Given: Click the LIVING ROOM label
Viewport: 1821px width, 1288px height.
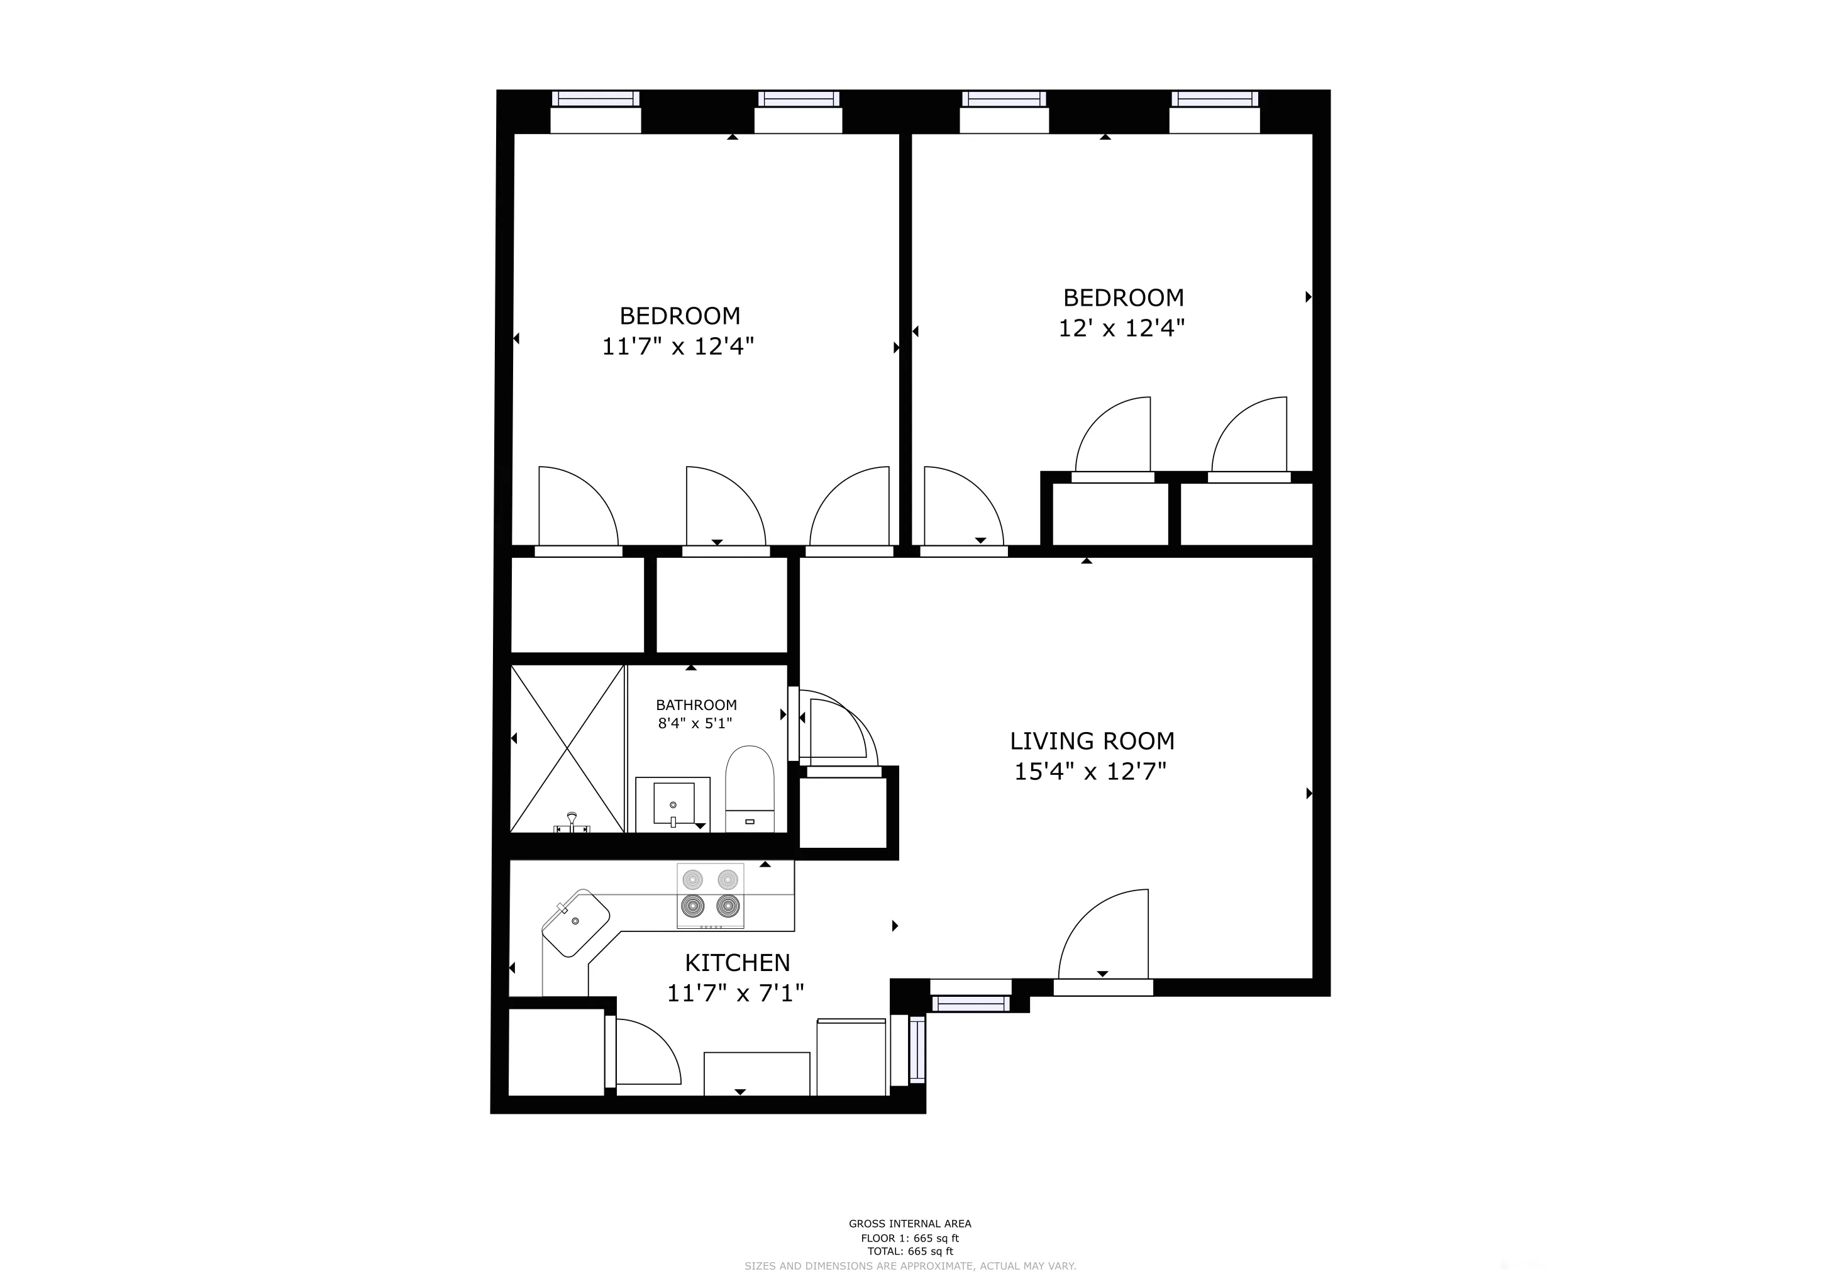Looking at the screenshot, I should pos(1092,741).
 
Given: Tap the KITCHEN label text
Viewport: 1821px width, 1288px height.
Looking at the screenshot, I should pos(737,963).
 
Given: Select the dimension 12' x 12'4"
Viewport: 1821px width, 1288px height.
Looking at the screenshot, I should pos(1122,328).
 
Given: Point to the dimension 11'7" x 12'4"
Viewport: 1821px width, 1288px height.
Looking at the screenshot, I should pos(677,347).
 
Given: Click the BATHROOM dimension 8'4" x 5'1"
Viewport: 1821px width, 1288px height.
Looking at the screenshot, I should pos(695,723).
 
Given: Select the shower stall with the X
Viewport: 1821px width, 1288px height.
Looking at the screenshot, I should pos(567,748).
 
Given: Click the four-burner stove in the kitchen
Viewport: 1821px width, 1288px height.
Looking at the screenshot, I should pos(710,896).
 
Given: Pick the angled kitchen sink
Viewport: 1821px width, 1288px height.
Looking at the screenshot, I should pos(576,923).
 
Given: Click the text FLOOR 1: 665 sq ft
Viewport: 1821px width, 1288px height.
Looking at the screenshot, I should pos(910,1238).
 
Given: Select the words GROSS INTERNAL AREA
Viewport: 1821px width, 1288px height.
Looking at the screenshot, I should pos(910,1224).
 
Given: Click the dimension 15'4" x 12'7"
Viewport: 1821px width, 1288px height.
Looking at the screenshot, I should pos(1090,772).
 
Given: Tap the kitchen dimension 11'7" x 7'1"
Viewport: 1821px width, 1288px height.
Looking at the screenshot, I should pos(735,993).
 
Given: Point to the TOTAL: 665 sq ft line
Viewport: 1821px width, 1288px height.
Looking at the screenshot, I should pos(910,1252).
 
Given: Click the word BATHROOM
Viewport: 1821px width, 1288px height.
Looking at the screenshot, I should pos(695,705).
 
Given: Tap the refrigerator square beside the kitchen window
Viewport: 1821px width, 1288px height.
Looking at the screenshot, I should pos(851,1057).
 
